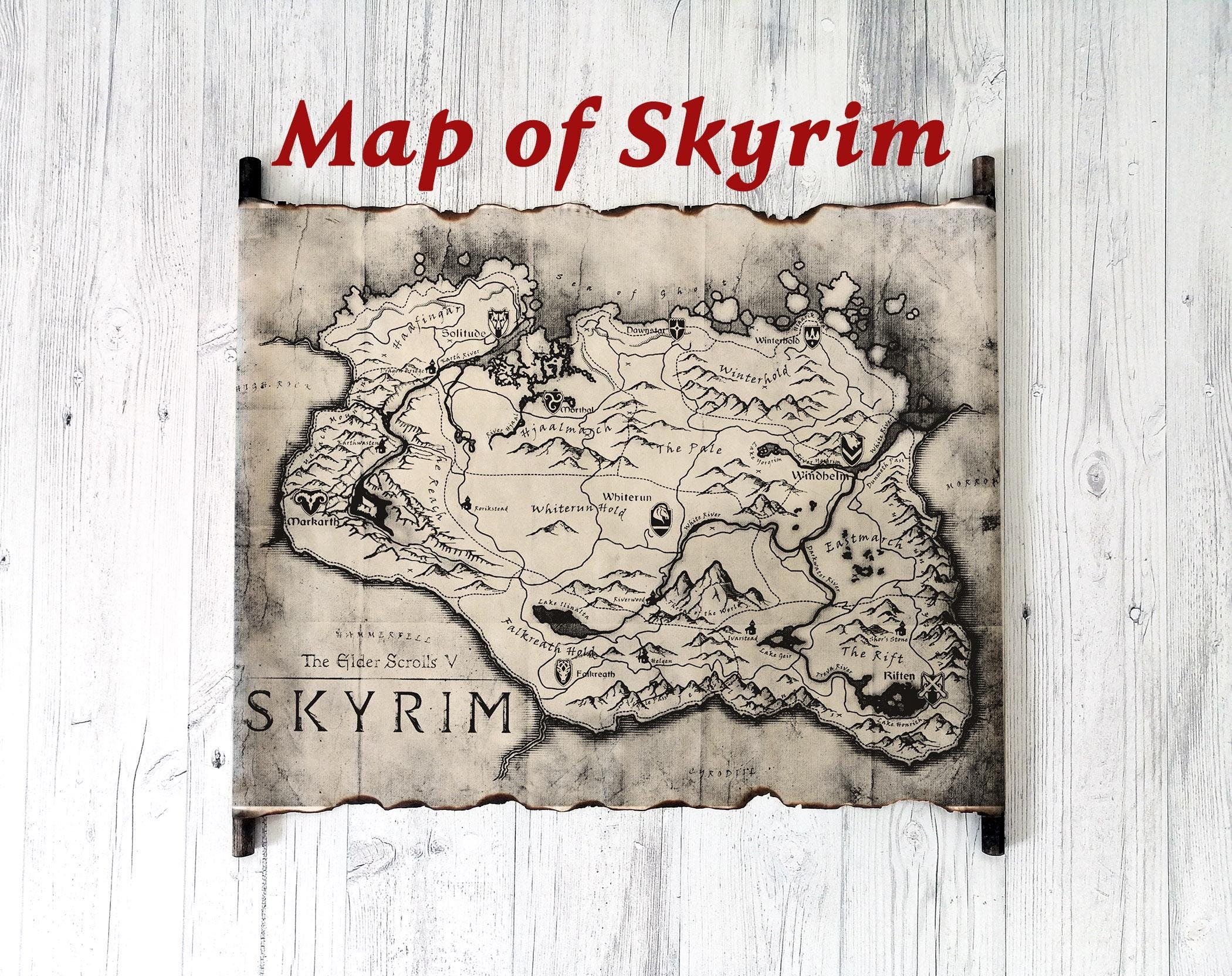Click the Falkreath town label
pos(595,673)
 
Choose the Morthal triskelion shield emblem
pos(552,401)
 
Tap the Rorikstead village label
pos(492,508)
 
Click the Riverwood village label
pos(629,600)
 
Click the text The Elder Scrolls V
pos(379,661)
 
